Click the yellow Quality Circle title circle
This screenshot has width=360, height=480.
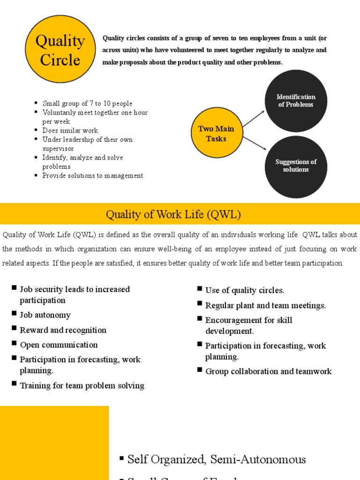click(60, 49)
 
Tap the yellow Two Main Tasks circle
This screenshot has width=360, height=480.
click(216, 134)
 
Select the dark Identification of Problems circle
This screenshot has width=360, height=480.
click(296, 101)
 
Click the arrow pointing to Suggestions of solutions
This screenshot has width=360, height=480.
click(255, 143)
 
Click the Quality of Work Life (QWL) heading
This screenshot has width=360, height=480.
click(173, 215)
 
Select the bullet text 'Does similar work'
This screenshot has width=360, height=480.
click(70, 131)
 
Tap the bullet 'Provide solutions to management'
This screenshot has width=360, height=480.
click(93, 176)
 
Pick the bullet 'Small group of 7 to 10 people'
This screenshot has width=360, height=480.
click(87, 104)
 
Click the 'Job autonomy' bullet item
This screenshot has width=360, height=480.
click(45, 315)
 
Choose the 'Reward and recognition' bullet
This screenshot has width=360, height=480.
click(63, 330)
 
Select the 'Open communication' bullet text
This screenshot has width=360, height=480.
click(59, 345)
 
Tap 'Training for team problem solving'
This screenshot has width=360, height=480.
click(82, 386)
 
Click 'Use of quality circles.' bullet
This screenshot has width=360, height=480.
click(245, 291)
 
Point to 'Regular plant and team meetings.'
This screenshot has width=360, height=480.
click(265, 306)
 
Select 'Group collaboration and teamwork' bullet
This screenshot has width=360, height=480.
click(268, 372)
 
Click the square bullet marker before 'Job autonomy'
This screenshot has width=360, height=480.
click(14, 314)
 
